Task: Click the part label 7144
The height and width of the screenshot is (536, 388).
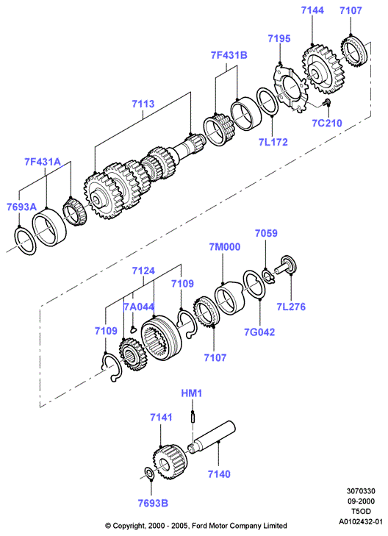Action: [x=312, y=10]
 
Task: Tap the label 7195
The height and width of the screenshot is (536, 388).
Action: [x=279, y=38]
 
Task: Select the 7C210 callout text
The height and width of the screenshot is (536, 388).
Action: [x=327, y=123]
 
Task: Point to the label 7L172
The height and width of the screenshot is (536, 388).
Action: [x=273, y=141]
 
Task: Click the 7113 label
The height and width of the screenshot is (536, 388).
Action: [x=143, y=104]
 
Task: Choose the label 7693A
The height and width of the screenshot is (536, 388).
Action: [x=21, y=207]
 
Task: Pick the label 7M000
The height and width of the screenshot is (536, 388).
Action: [x=224, y=247]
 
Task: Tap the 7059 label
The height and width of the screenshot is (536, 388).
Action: [x=266, y=233]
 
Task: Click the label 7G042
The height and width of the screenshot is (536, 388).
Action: [x=259, y=332]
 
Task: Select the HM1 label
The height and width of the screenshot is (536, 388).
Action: [x=192, y=393]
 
